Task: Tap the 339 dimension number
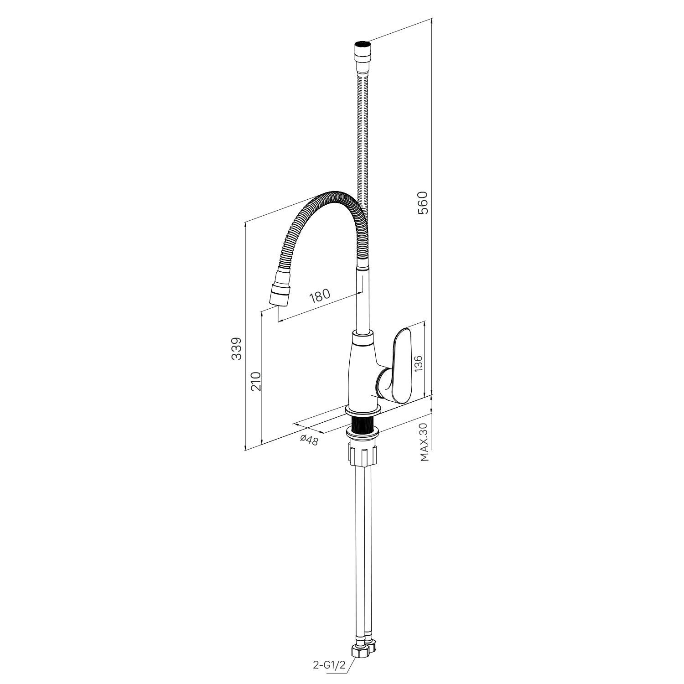coord(236,349)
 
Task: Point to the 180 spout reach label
coord(319,296)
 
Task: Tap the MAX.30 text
coord(425,442)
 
